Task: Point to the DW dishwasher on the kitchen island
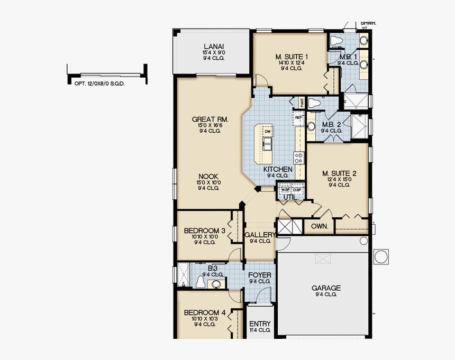coord(268,131)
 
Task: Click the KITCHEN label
coord(278,169)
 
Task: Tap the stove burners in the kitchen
coord(299,157)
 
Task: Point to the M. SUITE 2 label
coord(339,173)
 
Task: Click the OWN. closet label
coord(319,226)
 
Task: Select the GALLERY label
coord(260,235)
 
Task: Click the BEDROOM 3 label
coord(205,231)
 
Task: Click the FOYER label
coord(260,275)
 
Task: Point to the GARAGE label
coord(326,288)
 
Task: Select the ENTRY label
coord(260,324)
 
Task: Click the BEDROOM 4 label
coord(205,313)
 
